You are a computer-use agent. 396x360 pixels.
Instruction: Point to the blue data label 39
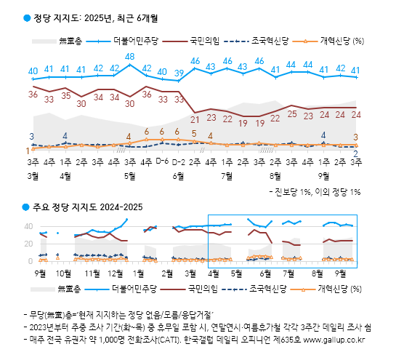(179, 73)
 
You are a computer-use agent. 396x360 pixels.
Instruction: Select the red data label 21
(195, 118)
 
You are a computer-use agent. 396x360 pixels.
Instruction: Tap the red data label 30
(130, 103)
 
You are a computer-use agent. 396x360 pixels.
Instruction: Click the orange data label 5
(194, 133)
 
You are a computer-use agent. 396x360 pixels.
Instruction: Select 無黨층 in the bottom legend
(70, 289)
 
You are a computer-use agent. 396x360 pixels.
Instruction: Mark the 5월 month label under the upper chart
(130, 175)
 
